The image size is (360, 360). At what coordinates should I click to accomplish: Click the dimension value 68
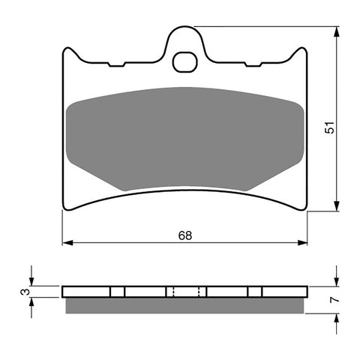185,235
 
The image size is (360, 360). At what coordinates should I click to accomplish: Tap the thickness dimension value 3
24,292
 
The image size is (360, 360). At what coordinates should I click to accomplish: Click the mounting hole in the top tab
184,61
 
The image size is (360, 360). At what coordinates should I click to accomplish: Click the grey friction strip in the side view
184,305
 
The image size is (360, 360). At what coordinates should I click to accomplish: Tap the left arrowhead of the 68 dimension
67,243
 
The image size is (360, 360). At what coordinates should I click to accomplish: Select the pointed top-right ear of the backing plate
304,52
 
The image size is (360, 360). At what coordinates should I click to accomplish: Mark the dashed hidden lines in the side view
184,292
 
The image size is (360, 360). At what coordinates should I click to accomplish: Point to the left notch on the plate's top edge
116,65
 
